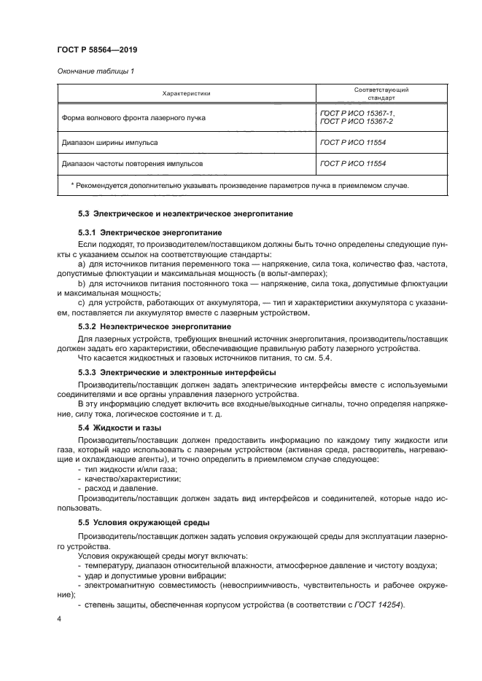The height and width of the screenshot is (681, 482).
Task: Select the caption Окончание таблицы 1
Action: [95, 71]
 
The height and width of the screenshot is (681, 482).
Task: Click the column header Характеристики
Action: [186, 94]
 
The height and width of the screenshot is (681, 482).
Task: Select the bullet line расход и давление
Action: [121, 488]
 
